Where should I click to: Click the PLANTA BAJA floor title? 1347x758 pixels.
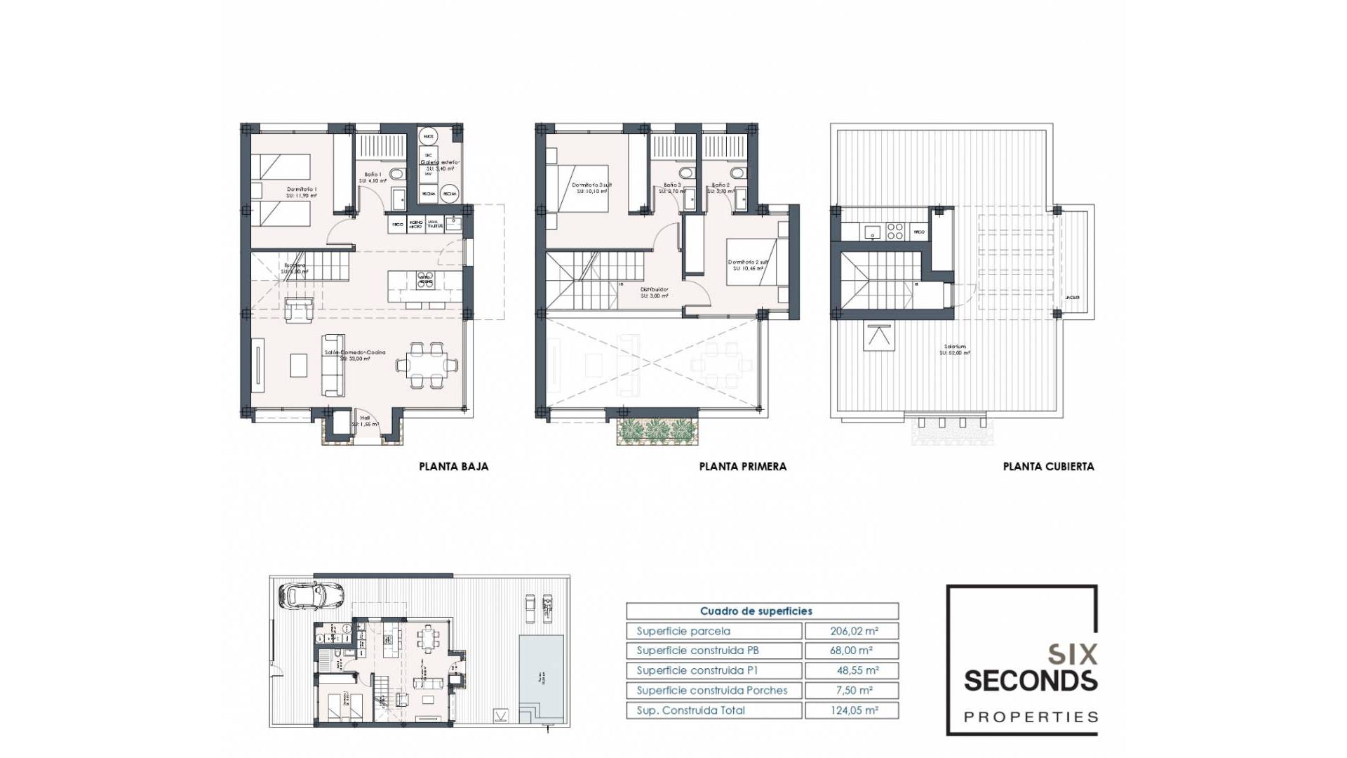[x=453, y=466]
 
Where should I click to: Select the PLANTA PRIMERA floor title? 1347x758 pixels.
[x=742, y=466]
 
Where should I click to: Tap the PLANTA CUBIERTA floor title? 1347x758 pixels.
[x=1048, y=466]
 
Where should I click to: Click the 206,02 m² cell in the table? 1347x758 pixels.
[x=852, y=631]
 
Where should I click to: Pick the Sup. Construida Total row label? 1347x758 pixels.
[x=690, y=710]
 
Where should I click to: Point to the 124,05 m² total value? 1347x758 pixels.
[x=852, y=710]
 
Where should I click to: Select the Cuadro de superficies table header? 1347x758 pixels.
[x=756, y=611]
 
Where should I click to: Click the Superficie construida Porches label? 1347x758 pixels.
[x=711, y=691]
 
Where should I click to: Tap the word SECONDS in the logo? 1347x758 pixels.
[x=1030, y=681]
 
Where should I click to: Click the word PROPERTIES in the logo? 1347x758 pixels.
[x=1031, y=717]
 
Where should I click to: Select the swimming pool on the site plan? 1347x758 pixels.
[x=542, y=677]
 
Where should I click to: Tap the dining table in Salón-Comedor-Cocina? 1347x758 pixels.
[x=427, y=364]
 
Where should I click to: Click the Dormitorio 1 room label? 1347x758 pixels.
[x=302, y=190]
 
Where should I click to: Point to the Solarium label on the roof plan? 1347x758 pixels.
[x=955, y=347]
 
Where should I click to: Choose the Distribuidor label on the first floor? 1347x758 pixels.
[x=654, y=290]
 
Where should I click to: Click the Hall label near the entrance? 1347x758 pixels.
[x=365, y=418]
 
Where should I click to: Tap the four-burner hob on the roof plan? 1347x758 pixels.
[x=894, y=231]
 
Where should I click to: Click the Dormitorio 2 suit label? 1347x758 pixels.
[x=747, y=262]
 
